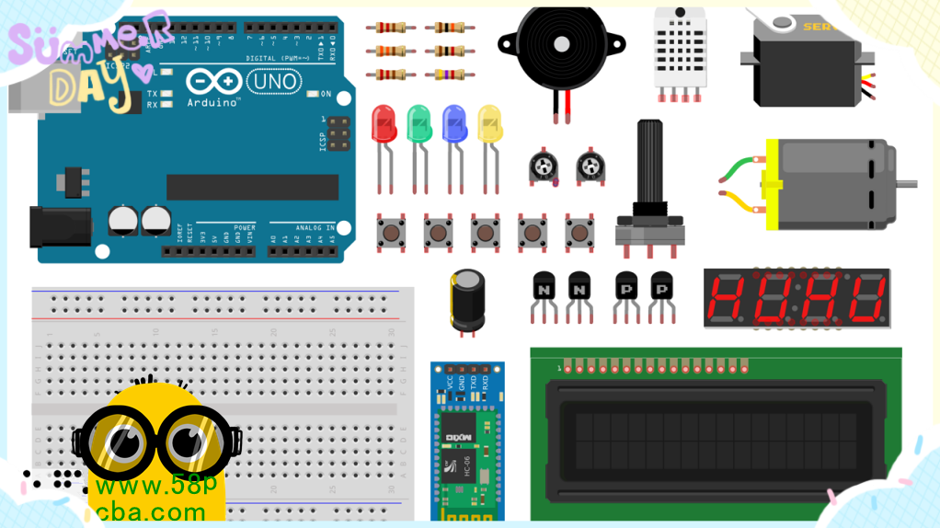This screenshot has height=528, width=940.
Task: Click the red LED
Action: tap(384, 123)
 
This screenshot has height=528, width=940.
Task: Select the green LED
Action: tap(419, 123)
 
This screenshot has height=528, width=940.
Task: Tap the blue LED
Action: tap(454, 123)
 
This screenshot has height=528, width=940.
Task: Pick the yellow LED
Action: tap(490, 123)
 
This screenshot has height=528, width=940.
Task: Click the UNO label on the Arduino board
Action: tap(275, 82)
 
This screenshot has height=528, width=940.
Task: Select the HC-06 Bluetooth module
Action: tap(467, 442)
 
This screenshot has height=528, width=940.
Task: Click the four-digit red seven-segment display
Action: tap(797, 298)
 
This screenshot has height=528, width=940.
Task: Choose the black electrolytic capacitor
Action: tap(467, 299)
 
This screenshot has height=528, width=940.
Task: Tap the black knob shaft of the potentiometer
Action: tap(649, 166)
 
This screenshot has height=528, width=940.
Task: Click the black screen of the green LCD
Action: tap(716, 441)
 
